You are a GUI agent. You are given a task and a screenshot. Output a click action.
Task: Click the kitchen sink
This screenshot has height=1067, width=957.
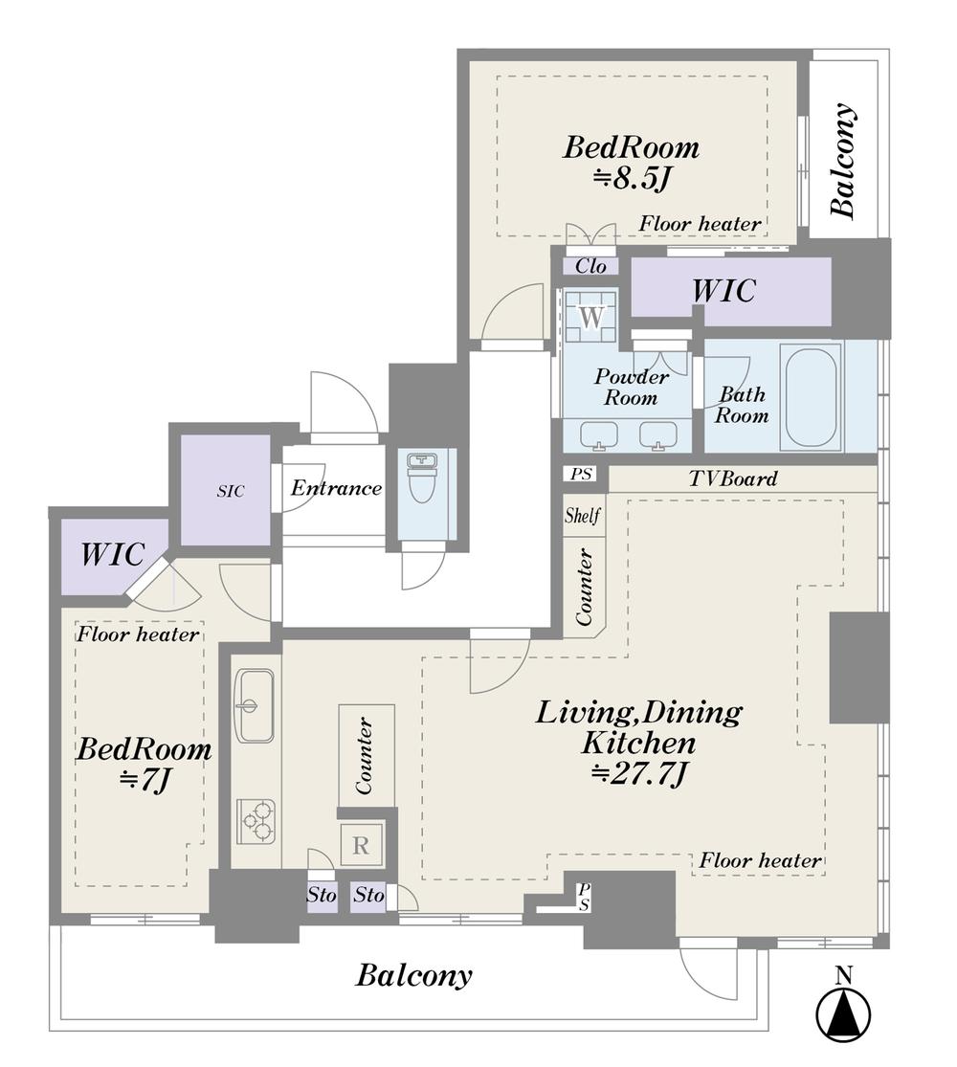(x=255, y=705)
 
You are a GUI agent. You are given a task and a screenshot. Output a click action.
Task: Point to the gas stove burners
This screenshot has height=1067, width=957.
(x=256, y=821)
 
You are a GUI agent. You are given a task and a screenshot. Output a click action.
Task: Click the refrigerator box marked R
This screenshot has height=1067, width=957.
(x=362, y=844)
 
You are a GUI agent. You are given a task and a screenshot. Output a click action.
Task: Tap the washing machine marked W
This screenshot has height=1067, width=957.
(x=591, y=317)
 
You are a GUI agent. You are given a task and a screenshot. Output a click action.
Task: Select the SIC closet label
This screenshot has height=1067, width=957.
(x=231, y=491)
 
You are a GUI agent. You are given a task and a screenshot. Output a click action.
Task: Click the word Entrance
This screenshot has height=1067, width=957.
(x=336, y=488)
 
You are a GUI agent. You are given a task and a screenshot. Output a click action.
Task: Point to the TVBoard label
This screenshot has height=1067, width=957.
(x=733, y=478)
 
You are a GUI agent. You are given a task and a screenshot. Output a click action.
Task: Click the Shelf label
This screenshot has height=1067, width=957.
(x=583, y=515)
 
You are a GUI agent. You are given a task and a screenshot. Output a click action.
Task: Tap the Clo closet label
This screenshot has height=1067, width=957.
(x=590, y=265)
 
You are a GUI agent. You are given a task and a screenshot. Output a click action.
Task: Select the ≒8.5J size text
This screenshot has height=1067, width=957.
(x=632, y=179)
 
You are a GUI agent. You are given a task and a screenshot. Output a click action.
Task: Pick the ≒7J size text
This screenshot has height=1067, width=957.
(x=144, y=780)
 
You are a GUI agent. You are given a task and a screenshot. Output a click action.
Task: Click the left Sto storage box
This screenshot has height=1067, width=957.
(x=322, y=894)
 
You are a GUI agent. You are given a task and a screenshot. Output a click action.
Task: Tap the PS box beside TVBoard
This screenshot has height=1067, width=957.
(x=581, y=473)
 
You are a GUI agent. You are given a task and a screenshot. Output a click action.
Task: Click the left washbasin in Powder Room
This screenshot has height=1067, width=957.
(x=599, y=434)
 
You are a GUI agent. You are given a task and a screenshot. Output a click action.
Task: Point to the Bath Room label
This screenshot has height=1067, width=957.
(x=742, y=405)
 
